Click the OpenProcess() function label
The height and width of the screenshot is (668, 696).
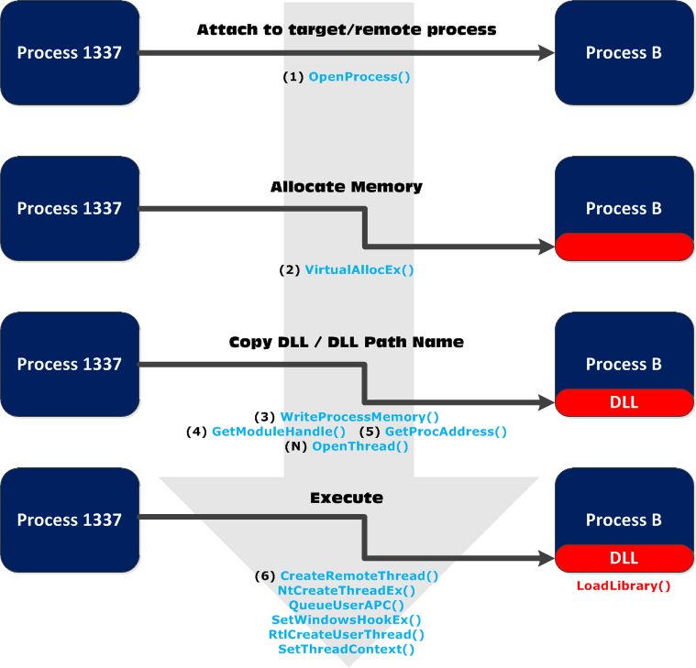(359, 77)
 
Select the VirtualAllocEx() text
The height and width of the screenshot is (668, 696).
(359, 270)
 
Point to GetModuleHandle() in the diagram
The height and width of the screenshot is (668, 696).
(279, 431)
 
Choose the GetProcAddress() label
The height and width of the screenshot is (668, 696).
(446, 431)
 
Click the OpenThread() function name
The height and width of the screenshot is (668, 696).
(360, 446)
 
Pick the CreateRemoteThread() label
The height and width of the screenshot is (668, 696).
(359, 576)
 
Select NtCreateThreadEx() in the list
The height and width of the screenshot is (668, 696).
(347, 591)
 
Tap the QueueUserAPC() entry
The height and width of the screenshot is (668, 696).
(347, 606)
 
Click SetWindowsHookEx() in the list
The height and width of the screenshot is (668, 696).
(347, 620)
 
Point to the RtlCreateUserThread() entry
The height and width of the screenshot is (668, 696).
(347, 634)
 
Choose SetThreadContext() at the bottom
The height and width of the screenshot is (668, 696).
(347, 649)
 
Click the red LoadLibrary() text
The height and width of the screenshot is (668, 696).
(624, 586)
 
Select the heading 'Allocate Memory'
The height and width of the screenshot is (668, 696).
(347, 187)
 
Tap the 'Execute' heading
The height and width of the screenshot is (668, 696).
(347, 498)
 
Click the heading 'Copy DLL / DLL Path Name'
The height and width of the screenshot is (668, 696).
(347, 342)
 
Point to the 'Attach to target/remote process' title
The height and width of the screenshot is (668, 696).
(347, 30)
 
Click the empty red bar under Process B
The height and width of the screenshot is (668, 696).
(624, 246)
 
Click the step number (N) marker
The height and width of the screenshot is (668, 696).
(297, 446)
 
